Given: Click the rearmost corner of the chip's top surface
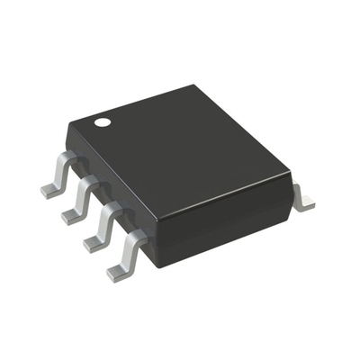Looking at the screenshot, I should click(193, 86).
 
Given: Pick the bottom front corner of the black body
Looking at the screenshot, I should click(157, 264).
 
